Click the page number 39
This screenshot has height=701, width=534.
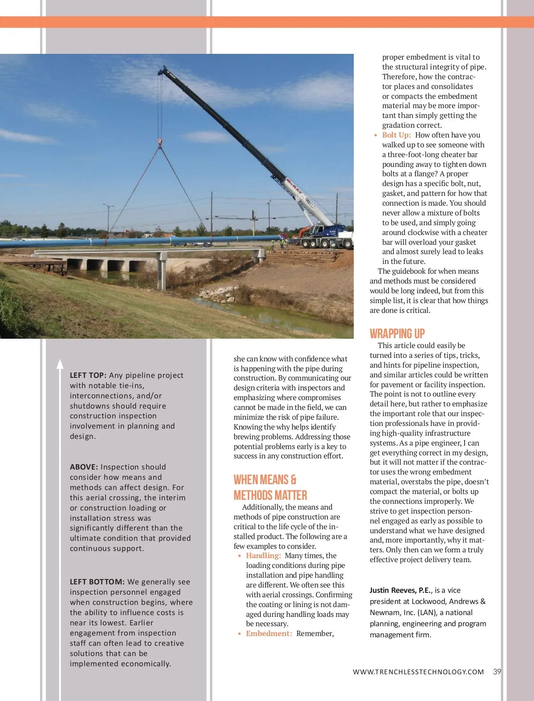point(497,672)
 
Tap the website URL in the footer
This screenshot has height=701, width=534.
point(418,672)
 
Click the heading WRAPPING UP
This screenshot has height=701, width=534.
point(397,334)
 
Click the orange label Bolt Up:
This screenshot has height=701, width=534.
point(396,135)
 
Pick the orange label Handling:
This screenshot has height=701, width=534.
point(263,555)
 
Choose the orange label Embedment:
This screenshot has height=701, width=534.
point(269,633)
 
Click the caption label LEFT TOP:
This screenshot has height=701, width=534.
point(88,375)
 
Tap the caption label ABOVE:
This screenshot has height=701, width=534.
point(84,467)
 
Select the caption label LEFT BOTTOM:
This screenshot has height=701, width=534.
point(97,582)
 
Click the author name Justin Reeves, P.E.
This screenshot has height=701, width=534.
point(400,590)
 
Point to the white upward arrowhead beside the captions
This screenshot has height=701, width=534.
point(60,364)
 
